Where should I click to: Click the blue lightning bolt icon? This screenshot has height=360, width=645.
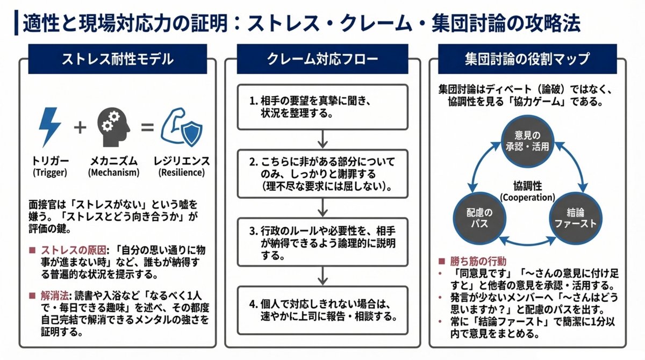click(x=49, y=127)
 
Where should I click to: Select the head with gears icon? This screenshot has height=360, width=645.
click(x=113, y=127)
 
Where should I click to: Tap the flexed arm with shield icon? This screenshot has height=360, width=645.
click(x=182, y=127)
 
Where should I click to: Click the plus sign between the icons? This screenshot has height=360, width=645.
click(x=80, y=127)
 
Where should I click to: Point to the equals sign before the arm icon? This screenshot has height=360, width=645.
click(x=147, y=127)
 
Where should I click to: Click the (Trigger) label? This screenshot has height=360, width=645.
click(x=50, y=172)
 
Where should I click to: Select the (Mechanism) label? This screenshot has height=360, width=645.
click(x=114, y=172)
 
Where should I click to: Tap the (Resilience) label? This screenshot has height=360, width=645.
click(x=182, y=172)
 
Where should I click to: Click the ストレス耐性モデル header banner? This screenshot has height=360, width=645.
click(x=118, y=59)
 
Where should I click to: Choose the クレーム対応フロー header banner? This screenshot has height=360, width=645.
click(x=322, y=59)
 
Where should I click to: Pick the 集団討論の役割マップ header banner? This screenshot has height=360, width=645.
click(x=527, y=59)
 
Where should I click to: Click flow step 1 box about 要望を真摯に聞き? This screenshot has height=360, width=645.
click(x=322, y=107)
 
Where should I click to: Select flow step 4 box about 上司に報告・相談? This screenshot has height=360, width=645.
click(x=322, y=310)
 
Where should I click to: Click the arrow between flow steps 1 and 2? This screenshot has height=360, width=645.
click(x=322, y=139)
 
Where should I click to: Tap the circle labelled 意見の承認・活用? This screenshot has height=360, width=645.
click(x=527, y=141)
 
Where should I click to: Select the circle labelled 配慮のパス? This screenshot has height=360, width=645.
click(x=479, y=218)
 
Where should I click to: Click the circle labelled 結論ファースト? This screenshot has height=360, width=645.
click(x=576, y=218)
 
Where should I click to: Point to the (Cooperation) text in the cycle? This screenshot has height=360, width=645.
click(x=527, y=198)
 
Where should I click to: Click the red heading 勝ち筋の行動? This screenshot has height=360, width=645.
click(x=478, y=261)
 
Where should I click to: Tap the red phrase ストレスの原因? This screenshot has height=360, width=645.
click(x=74, y=250)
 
